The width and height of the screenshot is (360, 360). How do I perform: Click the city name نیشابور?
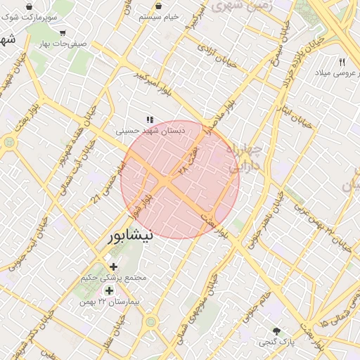click(x=129, y=236)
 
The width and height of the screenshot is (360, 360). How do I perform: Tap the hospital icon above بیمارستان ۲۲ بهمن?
click(x=109, y=290)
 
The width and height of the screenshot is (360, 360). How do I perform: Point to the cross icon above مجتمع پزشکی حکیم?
click(x=113, y=266)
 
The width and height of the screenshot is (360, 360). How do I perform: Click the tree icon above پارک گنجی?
click(x=277, y=331)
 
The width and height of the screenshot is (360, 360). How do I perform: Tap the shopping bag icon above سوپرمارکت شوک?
click(x=28, y=6)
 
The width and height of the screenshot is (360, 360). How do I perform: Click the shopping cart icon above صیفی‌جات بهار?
click(x=63, y=32)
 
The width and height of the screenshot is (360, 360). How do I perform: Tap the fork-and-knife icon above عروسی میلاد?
click(x=342, y=62)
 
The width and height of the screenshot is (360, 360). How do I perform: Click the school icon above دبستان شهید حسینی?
click(x=149, y=120)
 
